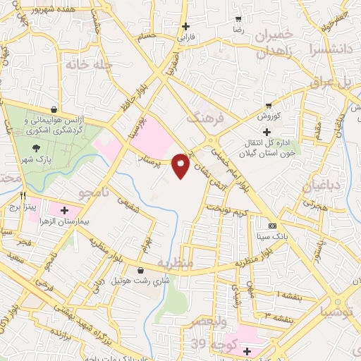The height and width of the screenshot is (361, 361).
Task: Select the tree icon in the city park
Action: pos(36,148)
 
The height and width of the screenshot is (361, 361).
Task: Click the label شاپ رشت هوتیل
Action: pos(161,281)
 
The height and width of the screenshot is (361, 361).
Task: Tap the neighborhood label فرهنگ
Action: pos(205,117)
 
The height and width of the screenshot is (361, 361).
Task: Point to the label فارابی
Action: pos(185,35)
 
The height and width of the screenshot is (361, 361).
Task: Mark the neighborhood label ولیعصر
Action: pos(209,322)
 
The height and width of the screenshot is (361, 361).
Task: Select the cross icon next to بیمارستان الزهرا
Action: pos(65,210)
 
